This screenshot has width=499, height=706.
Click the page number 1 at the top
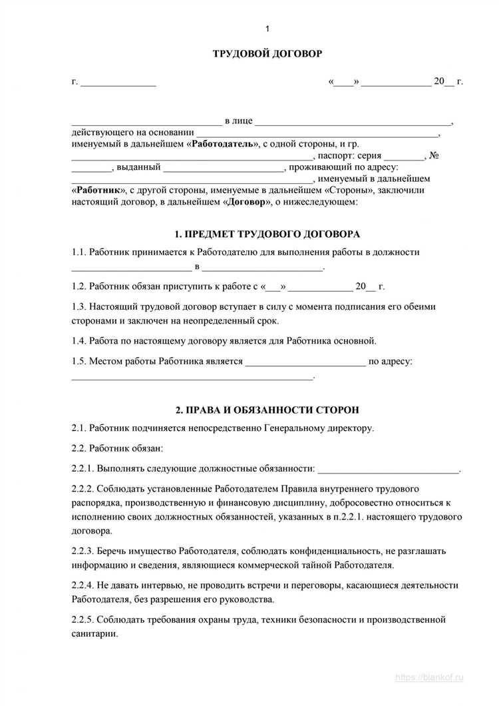[266, 28]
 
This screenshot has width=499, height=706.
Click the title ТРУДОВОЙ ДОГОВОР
[267, 53]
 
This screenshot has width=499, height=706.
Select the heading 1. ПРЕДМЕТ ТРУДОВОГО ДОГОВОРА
[266, 234]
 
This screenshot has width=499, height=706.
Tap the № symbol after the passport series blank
[434, 156]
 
